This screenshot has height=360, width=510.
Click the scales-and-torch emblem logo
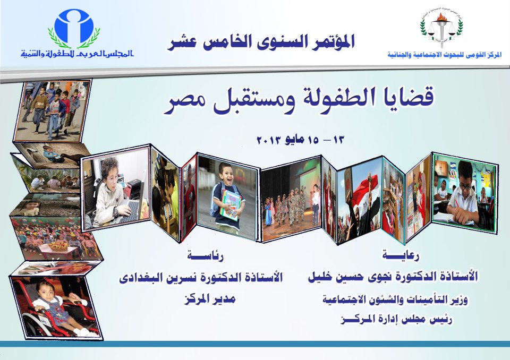point(441,28)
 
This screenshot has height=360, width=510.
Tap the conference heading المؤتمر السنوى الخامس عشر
point(261,42)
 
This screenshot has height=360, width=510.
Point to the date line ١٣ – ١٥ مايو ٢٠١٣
point(300,140)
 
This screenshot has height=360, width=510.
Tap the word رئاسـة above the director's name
point(205,256)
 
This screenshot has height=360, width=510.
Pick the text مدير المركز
point(210,299)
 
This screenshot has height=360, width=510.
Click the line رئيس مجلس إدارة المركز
point(396,320)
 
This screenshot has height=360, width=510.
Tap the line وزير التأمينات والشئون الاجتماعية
point(395,299)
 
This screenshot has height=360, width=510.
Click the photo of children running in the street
point(52,110)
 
